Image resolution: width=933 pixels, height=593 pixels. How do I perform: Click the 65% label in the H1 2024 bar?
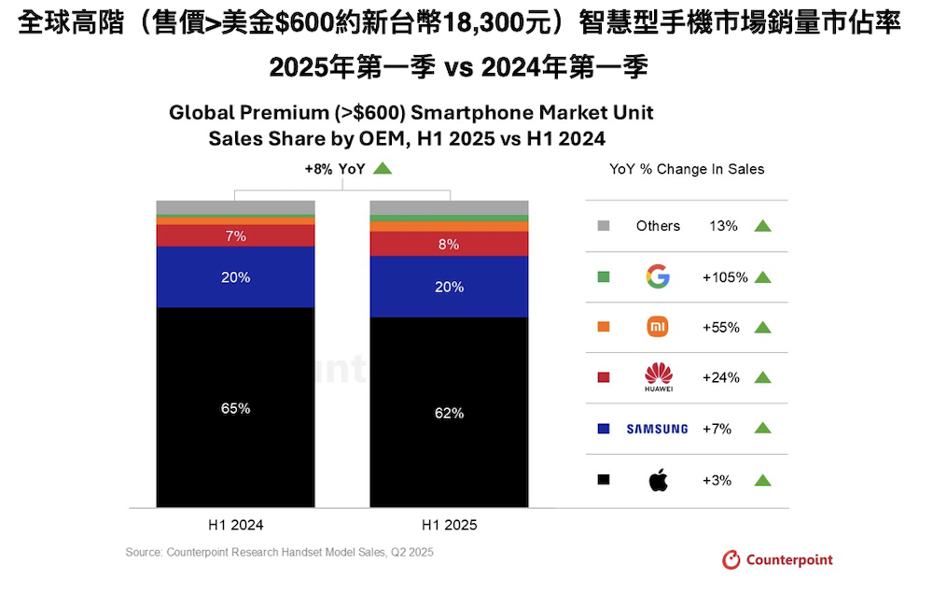pyautogui.click(x=236, y=408)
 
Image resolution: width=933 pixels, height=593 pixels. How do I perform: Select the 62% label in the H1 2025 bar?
pyautogui.click(x=450, y=413)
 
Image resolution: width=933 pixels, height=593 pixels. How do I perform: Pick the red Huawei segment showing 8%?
pyautogui.click(x=450, y=245)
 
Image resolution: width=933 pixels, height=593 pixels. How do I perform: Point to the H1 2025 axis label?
pyautogui.click(x=450, y=525)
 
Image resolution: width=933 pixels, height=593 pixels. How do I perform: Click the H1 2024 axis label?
pyautogui.click(x=236, y=525)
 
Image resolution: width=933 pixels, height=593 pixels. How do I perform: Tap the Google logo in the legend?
pyautogui.click(x=658, y=276)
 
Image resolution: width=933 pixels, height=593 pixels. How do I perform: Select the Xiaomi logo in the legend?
pyautogui.click(x=658, y=327)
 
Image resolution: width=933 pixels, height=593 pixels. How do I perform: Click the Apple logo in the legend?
pyautogui.click(x=658, y=480)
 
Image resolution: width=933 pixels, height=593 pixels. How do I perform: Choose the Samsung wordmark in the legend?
pyautogui.click(x=657, y=429)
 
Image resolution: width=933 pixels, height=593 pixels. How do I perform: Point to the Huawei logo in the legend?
pyautogui.click(x=658, y=376)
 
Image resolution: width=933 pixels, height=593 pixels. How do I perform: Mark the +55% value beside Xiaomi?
pyautogui.click(x=720, y=327)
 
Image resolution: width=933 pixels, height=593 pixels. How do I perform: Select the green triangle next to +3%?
pyautogui.click(x=762, y=480)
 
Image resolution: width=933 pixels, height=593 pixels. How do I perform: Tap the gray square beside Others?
pyautogui.click(x=603, y=226)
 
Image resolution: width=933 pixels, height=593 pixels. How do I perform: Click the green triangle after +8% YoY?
pyautogui.click(x=382, y=169)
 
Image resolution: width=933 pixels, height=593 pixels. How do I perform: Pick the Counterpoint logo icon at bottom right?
pyautogui.click(x=732, y=560)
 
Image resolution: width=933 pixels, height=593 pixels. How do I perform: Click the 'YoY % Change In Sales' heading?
pyautogui.click(x=687, y=169)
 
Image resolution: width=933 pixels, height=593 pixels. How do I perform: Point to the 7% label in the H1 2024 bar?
pyautogui.click(x=236, y=236)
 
